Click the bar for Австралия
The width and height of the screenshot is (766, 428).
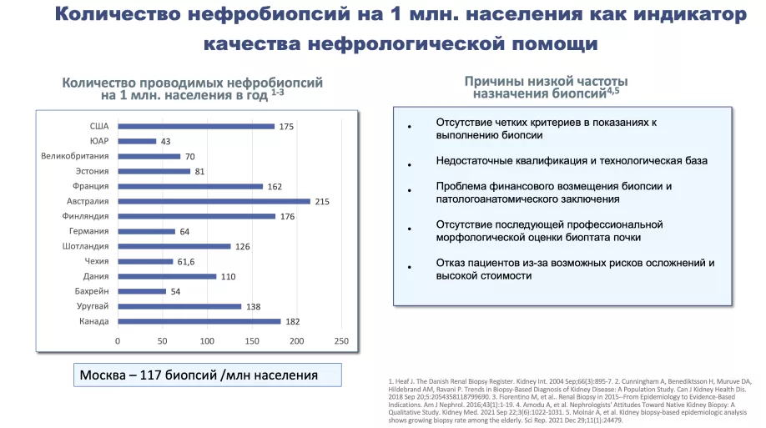[214, 201]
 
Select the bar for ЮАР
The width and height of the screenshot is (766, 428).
[137, 141]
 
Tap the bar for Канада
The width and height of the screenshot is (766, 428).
[199, 321]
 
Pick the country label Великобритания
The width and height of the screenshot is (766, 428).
[75, 156]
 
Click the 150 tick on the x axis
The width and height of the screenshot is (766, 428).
[251, 341]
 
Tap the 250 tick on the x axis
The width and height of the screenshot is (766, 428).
[340, 341]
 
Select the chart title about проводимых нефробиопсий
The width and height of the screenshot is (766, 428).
[193, 89]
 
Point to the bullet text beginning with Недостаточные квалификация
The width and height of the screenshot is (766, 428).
[572, 159]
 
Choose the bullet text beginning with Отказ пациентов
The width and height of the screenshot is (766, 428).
[575, 269]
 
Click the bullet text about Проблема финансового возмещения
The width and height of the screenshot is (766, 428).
[553, 193]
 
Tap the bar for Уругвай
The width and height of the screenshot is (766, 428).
[179, 306]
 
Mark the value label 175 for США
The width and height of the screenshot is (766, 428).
[286, 126]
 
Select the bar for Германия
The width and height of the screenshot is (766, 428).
[146, 231]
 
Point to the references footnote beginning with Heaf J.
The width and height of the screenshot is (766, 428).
[569, 399]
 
